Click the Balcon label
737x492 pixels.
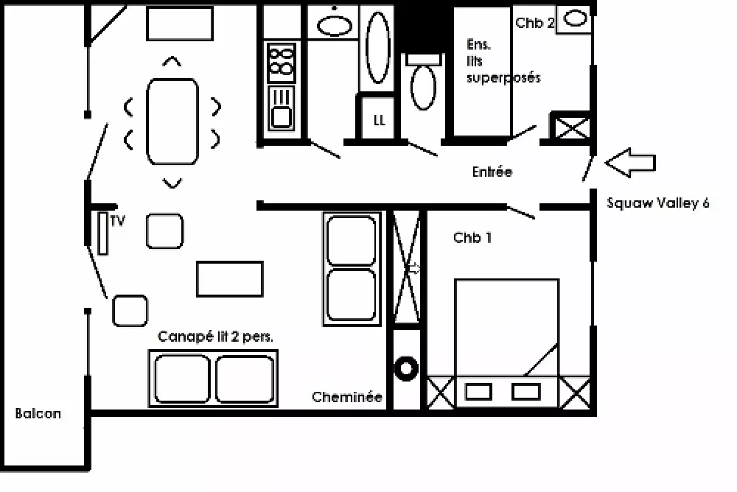pos(38,413)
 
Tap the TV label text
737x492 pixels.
pos(118,220)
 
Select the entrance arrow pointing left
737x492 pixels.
pos(630,163)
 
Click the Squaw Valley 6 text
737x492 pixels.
pos(658,203)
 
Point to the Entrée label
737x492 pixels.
pos(492,172)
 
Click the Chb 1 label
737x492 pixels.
pos(472,238)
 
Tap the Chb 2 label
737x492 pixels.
pos(535,23)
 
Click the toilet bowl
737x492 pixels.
pos(423,88)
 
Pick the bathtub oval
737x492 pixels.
pos(378,47)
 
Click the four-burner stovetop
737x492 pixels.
pos(281,63)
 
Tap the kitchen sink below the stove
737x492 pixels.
pos(281,108)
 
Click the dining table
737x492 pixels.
pos(172,122)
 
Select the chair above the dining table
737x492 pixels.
pos(172,60)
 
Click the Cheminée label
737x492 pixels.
pos(347,397)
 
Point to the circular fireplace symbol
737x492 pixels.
pos(405,368)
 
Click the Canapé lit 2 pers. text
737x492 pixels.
pos(215,337)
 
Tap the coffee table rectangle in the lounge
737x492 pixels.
pos(230,279)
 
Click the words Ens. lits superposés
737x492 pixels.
pos(503,61)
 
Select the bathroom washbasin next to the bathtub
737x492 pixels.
pos(335,25)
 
